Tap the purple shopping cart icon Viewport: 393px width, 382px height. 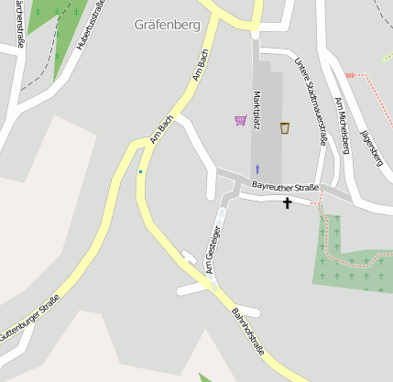(x=240, y=120)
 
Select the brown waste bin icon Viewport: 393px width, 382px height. (x=285, y=127)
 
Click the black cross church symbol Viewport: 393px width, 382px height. (x=287, y=202)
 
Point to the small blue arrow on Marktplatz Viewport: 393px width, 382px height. (x=257, y=169)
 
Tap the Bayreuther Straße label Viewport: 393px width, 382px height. (x=285, y=188)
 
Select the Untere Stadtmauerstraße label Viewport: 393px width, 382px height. (x=311, y=102)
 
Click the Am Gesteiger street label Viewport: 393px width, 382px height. (x=213, y=249)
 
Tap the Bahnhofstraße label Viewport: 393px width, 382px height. (x=246, y=329)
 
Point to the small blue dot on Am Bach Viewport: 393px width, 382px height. (x=140, y=171)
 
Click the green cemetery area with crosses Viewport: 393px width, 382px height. (x=353, y=262)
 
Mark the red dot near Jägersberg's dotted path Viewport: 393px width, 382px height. (x=348, y=75)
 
